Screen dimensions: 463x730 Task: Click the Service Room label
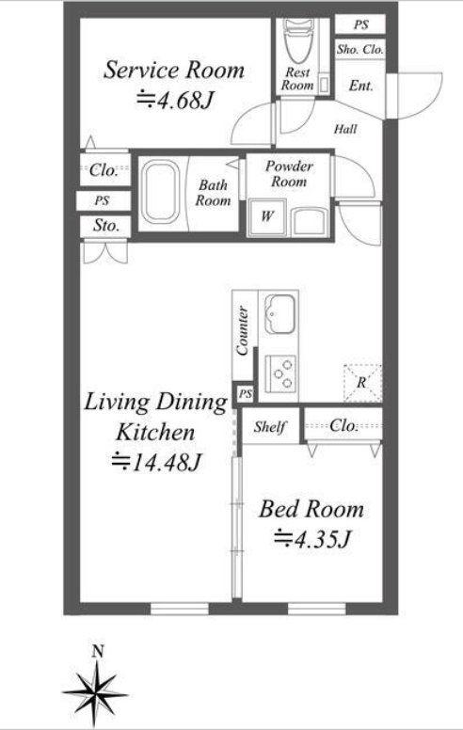click(x=174, y=71)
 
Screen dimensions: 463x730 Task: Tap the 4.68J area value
click(x=175, y=100)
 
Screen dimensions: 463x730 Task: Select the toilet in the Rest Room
click(x=299, y=41)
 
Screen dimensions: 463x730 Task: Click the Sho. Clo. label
click(x=360, y=49)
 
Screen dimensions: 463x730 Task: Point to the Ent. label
click(x=361, y=86)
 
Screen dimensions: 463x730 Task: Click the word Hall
click(x=345, y=129)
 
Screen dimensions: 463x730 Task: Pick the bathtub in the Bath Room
click(x=161, y=193)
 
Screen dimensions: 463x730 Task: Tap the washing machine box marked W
click(x=267, y=217)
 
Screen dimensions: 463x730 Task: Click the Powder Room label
click(x=289, y=174)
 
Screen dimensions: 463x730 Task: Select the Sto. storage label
click(x=106, y=226)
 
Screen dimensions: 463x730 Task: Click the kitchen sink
click(x=279, y=314)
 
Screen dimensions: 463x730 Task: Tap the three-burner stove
click(x=280, y=373)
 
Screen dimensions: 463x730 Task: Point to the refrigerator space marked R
click(x=362, y=383)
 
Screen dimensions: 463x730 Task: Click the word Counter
click(x=242, y=330)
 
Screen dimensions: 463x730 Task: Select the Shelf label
click(x=270, y=426)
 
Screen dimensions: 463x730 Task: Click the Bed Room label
click(x=311, y=509)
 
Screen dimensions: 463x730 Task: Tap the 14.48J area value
click(x=156, y=462)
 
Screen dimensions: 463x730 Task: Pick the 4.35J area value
click(x=311, y=539)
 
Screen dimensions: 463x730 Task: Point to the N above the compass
click(x=97, y=652)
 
